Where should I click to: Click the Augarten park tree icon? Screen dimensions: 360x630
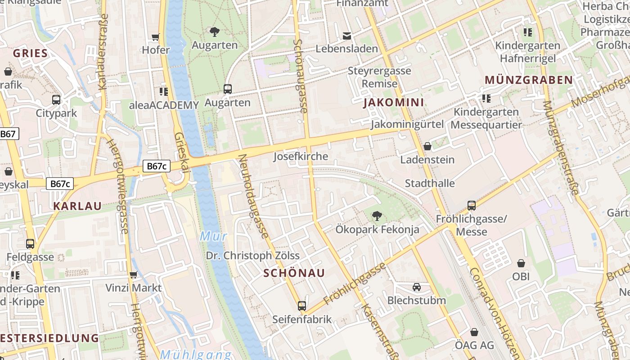coord(215,31)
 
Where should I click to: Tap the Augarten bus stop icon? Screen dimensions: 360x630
coord(228,89)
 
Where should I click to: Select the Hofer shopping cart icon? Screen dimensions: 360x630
coord(156,37)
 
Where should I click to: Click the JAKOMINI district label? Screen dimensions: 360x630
coord(393,103)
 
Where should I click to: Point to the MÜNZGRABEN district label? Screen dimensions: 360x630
coord(528,80)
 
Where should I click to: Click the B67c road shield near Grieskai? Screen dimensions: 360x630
coord(157,166)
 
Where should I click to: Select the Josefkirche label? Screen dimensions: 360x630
coord(301,156)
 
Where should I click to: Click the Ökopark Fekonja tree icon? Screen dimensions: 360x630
coord(377,216)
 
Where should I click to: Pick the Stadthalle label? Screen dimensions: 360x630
coord(430,183)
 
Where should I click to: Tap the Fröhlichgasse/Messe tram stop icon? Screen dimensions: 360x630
coord(472,206)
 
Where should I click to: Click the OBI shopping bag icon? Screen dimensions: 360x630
coord(521,263)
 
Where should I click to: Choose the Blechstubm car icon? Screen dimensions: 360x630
coord(417,287)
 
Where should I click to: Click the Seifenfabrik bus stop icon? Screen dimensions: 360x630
coord(302,306)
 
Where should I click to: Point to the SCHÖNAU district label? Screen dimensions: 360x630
coord(294,273)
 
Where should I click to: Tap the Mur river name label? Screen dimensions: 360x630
coord(213,236)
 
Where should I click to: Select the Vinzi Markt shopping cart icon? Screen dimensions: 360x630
coord(133,274)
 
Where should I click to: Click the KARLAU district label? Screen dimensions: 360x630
coord(77,206)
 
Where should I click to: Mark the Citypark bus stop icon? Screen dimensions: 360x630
coord(56,100)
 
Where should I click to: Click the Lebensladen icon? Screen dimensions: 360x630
coord(347,36)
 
